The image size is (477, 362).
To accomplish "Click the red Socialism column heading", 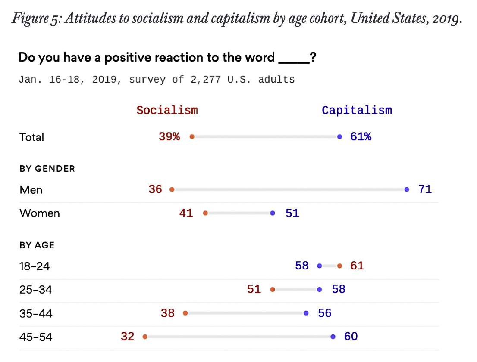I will (x=167, y=110).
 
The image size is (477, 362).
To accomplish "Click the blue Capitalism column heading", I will (x=357, y=110).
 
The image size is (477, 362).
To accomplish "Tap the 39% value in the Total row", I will (x=169, y=137).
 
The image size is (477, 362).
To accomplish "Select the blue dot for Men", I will (x=407, y=189).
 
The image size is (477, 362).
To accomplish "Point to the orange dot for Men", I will (x=172, y=189).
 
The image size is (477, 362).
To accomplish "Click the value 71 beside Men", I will (x=425, y=189).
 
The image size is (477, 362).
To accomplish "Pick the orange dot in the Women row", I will (x=205, y=213).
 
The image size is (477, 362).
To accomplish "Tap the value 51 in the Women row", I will (x=292, y=213).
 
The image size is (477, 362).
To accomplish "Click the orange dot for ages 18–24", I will (x=339, y=266).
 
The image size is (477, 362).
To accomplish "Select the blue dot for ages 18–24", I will (x=320, y=266).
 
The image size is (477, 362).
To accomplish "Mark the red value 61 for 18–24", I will (x=357, y=266).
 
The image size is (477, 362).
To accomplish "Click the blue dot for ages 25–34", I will (x=320, y=290).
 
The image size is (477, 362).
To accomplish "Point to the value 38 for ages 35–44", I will (x=168, y=313).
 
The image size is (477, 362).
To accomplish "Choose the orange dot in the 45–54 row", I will (x=145, y=337).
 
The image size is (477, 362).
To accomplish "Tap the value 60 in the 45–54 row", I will (x=351, y=337).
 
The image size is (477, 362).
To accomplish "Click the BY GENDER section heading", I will (x=47, y=169).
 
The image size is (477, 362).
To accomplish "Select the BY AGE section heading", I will (x=37, y=245).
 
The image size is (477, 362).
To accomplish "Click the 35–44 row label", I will (x=36, y=313).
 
